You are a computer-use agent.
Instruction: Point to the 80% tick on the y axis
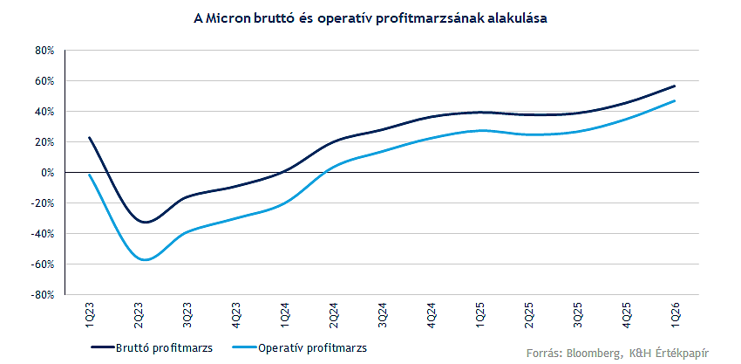tap(44, 51)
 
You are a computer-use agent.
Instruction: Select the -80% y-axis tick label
tap(43, 295)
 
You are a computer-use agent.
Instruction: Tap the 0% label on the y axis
tap(48, 173)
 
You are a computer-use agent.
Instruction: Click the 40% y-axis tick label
tap(44, 112)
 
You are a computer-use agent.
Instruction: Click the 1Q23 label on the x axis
tap(90, 315)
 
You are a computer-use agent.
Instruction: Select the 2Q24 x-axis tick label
tap(334, 315)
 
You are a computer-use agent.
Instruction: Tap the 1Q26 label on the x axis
tap(676, 315)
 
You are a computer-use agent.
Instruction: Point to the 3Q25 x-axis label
tap(578, 315)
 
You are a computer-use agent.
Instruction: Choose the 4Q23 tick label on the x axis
tap(236, 315)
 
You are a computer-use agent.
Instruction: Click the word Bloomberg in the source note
tap(594, 353)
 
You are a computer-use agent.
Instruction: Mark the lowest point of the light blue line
tap(144, 260)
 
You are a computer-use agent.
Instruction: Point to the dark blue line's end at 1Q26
tap(675, 86)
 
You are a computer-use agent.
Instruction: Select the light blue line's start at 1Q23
tap(90, 175)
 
